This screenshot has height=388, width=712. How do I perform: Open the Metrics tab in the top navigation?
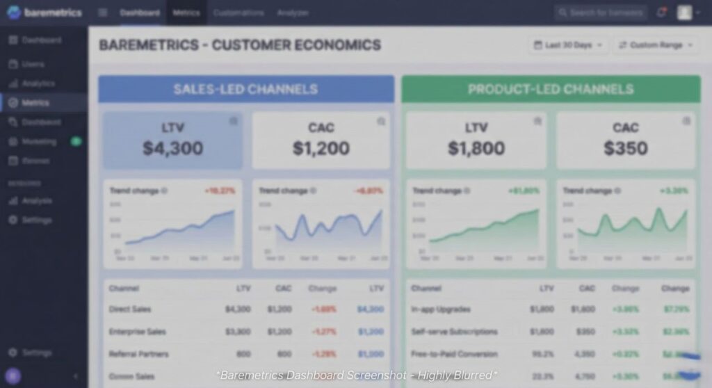(x=186, y=13)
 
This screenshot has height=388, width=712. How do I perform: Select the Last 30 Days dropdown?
(x=568, y=45)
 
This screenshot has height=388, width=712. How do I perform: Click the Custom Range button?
(x=656, y=45)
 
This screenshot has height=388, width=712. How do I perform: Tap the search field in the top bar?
(x=601, y=13)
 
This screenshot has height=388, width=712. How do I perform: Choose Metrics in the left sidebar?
(x=35, y=103)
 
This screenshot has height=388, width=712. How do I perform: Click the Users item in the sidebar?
(x=33, y=64)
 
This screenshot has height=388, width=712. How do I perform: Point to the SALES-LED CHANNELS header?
(x=245, y=89)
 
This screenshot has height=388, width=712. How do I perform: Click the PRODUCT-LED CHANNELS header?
(x=550, y=89)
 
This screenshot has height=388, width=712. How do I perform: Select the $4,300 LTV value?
(x=173, y=148)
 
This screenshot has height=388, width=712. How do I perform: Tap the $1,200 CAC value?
(x=321, y=148)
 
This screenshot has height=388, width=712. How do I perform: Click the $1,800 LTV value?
(x=476, y=148)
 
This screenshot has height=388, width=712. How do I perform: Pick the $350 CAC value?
(x=625, y=148)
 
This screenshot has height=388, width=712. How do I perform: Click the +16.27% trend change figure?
(x=220, y=191)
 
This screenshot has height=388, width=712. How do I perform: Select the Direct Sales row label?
(x=130, y=309)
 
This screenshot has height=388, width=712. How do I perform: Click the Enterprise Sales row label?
(x=138, y=332)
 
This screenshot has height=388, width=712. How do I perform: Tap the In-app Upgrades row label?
(x=441, y=309)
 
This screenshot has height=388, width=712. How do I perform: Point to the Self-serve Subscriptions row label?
(x=454, y=332)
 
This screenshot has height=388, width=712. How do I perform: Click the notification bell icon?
(x=661, y=13)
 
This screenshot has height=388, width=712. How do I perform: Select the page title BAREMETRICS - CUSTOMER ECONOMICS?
(x=240, y=45)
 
